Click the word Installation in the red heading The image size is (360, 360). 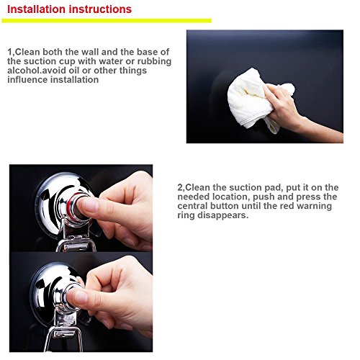click(x=36, y=9)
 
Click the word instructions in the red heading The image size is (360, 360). click(x=100, y=9)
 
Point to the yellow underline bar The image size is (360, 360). click(x=107, y=21)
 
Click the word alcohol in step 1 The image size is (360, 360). click(x=22, y=71)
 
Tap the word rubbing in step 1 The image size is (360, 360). click(x=154, y=62)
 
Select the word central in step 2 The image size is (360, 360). click(x=193, y=206)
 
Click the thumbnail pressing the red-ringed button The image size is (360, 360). click(x=89, y=205)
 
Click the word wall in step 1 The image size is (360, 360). click(x=90, y=52)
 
